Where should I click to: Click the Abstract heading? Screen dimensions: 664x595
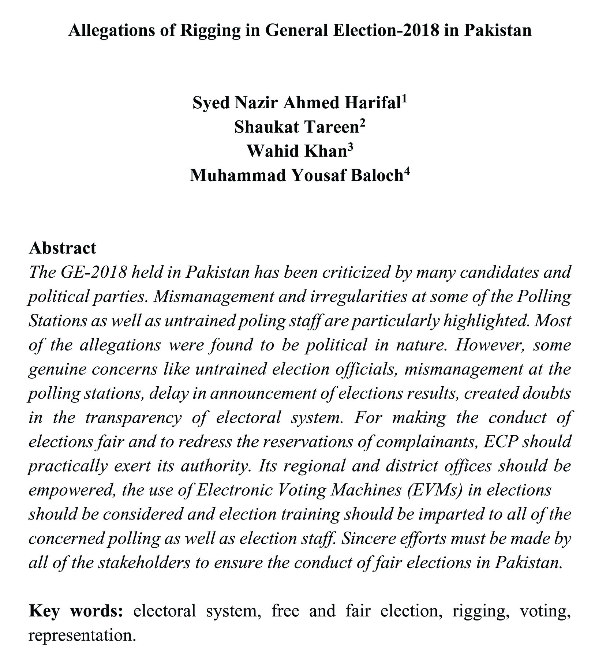point(63,248)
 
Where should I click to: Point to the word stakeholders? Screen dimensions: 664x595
point(144,562)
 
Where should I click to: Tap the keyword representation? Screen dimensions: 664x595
point(82,635)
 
